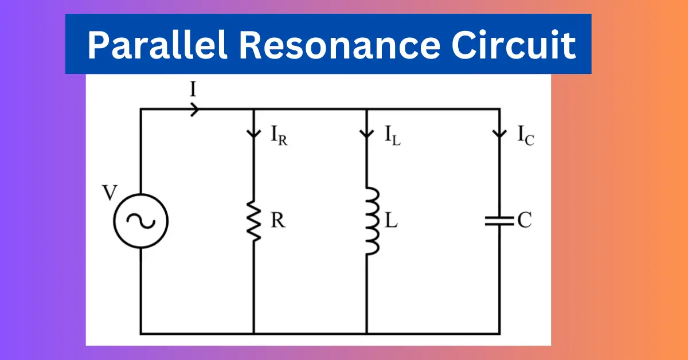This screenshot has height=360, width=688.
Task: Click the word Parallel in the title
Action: point(157,45)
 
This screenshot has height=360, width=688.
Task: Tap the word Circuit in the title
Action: point(514,45)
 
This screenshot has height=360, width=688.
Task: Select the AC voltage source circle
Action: point(141,221)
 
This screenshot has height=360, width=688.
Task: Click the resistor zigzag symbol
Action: point(254,221)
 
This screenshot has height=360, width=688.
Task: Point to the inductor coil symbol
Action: point(373,221)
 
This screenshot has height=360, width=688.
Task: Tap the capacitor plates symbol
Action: point(499,221)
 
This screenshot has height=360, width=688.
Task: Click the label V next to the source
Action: point(110,193)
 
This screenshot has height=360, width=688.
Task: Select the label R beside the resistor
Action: point(278,220)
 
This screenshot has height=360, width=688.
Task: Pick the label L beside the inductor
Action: point(391,220)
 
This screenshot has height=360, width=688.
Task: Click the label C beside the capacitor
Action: point(525,220)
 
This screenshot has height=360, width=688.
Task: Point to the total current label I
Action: point(193,89)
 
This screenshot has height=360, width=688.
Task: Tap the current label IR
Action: point(279,135)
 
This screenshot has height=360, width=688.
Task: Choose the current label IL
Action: point(393,135)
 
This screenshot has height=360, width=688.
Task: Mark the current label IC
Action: point(526,135)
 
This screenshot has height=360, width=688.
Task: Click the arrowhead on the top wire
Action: point(195,109)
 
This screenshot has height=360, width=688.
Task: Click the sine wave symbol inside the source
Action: point(141,221)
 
